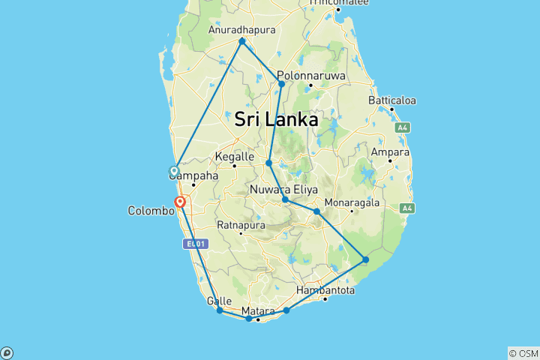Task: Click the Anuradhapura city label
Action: tap(241, 30)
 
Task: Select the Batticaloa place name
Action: tap(391, 100)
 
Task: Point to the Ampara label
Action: tap(390, 152)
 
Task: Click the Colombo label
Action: tap(150, 211)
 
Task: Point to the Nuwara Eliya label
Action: tap(285, 188)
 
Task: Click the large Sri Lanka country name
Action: tap(276, 119)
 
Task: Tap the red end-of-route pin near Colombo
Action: tap(180, 202)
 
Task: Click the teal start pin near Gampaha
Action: tap(174, 172)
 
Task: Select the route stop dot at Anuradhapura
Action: tap(241, 41)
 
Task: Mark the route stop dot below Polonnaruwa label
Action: tap(281, 84)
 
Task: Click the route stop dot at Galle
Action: tap(219, 310)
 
